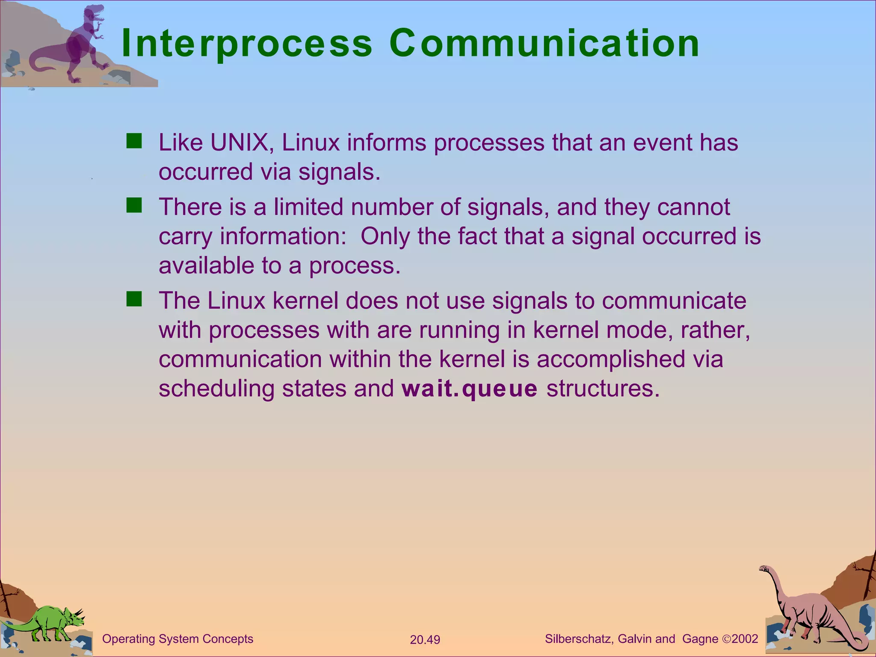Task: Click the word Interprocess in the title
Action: [x=247, y=44]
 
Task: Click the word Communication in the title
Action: [x=544, y=44]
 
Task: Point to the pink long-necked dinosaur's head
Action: [x=764, y=569]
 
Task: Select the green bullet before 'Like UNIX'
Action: [x=134, y=141]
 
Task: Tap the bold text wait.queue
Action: [x=469, y=389]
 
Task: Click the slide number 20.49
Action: [x=425, y=640]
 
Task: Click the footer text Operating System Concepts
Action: [x=178, y=639]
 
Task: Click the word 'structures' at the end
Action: [x=603, y=389]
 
